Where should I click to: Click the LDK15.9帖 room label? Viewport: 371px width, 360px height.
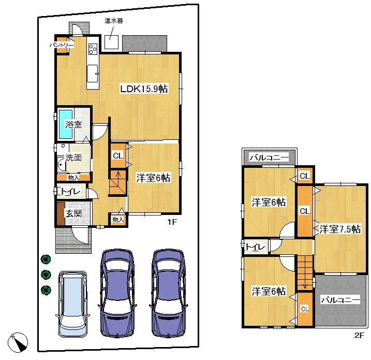click(x=143, y=89)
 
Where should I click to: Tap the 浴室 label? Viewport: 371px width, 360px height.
click(x=73, y=124)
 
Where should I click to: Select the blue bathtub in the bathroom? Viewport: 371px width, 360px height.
click(x=65, y=124)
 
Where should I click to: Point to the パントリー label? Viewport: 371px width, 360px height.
click(x=62, y=46)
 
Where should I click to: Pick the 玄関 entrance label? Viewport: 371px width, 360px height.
click(x=73, y=213)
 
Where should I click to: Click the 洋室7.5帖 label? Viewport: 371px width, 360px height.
click(x=339, y=228)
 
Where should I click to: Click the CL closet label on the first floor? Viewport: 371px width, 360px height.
click(x=118, y=155)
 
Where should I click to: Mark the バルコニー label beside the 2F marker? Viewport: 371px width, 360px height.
click(x=339, y=300)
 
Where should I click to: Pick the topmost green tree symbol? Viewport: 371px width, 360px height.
click(x=46, y=258)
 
